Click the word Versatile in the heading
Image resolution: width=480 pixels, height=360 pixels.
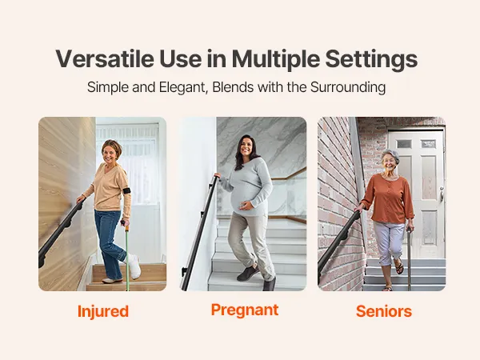point(105,58)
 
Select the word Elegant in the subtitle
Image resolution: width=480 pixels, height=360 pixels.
point(183,87)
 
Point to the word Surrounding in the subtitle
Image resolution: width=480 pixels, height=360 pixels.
point(348,87)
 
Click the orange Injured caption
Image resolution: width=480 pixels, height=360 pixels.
point(103,312)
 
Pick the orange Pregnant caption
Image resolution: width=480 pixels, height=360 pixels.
point(245,310)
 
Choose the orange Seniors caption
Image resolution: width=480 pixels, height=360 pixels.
point(383,311)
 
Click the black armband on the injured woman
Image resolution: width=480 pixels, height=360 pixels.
point(126,190)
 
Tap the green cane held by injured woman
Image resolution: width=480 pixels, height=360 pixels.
point(126,256)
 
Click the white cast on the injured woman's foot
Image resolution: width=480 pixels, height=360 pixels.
point(134,266)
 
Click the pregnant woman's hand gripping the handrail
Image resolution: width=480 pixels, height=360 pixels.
point(217,176)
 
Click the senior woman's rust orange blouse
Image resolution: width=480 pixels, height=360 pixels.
point(388,198)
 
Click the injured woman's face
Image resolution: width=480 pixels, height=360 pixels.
point(110,154)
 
